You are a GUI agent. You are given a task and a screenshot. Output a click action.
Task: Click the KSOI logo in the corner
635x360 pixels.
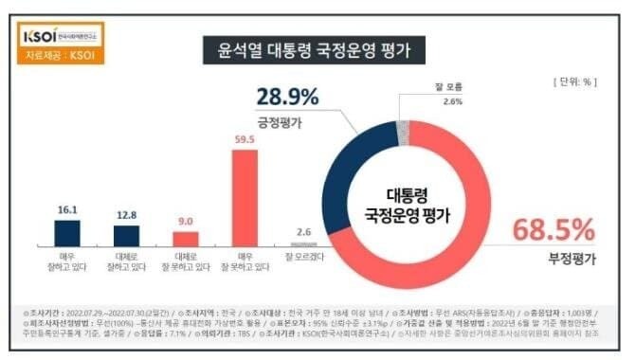pos(60,37)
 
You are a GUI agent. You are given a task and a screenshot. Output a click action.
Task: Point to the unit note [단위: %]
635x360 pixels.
pos(573,82)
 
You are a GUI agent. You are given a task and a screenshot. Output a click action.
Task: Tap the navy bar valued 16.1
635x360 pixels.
pos(66,233)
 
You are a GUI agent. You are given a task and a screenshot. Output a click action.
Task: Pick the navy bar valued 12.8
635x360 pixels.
pos(126,236)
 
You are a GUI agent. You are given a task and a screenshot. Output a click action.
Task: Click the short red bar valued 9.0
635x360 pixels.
pos(186,239)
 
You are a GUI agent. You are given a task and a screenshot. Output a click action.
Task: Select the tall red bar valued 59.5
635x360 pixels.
pos(245,198)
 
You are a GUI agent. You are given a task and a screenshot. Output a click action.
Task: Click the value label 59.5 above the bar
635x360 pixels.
pos(245,140)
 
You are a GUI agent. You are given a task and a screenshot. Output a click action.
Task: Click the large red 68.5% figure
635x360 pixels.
pos(553,229)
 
